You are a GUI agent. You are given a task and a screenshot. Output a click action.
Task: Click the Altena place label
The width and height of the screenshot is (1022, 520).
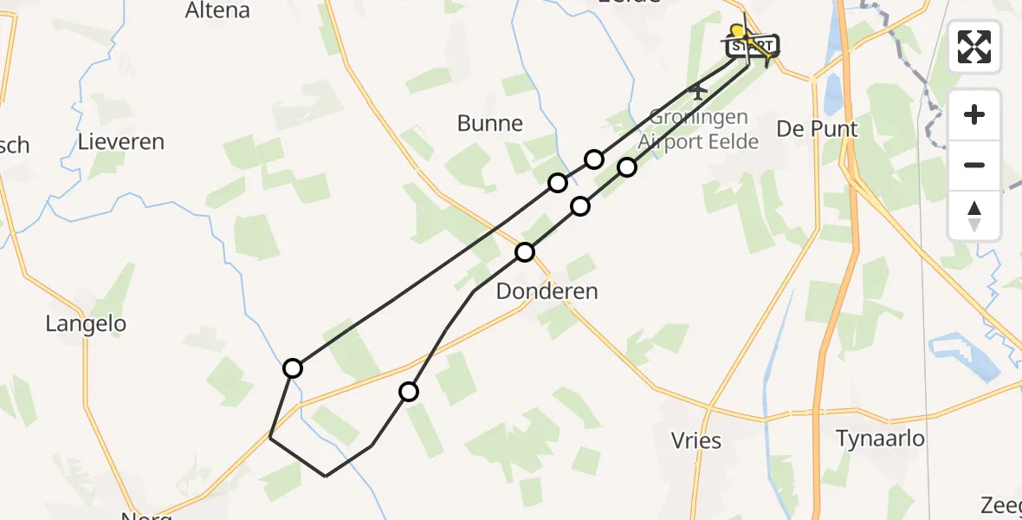[217, 11]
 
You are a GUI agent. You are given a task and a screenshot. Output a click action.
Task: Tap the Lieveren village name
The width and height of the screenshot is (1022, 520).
[120, 142]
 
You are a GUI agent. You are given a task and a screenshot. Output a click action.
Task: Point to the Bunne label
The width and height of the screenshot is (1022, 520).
[490, 123]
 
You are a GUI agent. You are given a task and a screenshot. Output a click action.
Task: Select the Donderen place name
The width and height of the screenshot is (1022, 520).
[547, 291]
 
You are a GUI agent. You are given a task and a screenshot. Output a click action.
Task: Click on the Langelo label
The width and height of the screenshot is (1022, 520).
[86, 324]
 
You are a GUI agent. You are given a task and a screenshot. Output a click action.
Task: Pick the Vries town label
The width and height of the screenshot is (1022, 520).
[696, 440]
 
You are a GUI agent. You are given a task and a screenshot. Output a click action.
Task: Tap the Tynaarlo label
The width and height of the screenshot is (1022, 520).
[880, 439]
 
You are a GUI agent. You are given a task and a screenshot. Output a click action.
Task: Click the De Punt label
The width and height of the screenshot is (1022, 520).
[817, 129]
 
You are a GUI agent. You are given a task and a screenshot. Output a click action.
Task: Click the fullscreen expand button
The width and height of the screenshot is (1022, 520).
[974, 46]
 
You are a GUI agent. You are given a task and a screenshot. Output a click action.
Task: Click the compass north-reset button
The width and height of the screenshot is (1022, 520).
[974, 216]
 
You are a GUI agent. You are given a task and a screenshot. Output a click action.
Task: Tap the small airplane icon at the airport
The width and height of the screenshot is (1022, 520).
[697, 89]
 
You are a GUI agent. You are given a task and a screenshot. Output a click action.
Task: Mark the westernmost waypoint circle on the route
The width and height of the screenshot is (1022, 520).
[293, 368]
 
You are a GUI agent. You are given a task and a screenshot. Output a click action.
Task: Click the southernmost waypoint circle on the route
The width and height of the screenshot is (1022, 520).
[409, 392]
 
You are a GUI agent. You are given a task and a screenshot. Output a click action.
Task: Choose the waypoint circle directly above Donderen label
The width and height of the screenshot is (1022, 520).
[525, 252]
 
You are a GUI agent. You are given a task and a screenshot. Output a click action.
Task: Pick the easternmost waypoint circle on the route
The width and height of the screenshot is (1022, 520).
[627, 166]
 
